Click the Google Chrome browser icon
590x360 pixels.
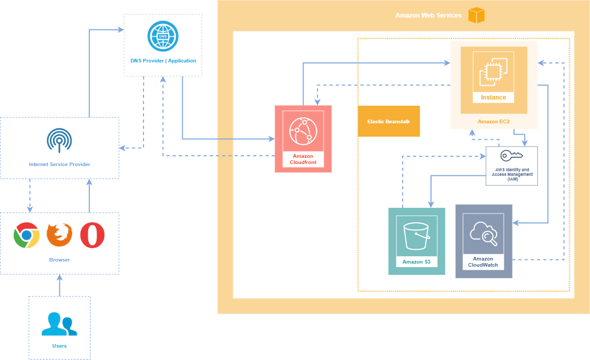tap(26, 236)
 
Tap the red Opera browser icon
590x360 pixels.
tap(92, 236)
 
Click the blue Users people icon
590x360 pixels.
tap(59, 324)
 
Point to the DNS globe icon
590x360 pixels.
tap(163, 36)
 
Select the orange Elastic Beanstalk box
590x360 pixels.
tap(389, 121)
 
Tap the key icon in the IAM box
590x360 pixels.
tap(512, 156)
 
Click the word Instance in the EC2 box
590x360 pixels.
tap(493, 97)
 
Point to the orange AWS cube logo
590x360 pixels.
tap(476, 15)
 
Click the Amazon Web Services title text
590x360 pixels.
tap(428, 15)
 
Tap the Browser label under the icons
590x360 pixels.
tap(59, 260)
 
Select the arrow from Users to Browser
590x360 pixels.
tap(59, 285)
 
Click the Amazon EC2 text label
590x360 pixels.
tap(494, 122)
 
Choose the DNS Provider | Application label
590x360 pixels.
tap(163, 61)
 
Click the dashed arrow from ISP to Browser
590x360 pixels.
tap(30, 195)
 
